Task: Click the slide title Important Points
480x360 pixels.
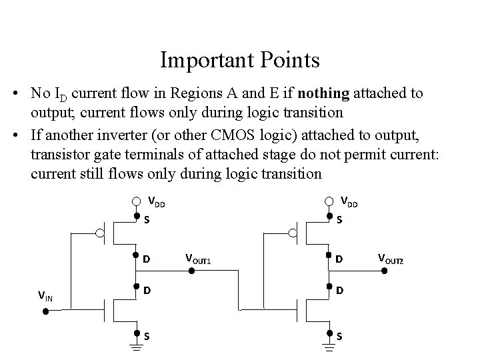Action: [x=240, y=61]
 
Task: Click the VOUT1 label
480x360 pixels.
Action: [x=198, y=258]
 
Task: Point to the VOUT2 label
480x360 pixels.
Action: [x=391, y=258]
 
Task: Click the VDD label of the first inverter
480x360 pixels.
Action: [x=156, y=201]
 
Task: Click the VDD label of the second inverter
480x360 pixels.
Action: [x=349, y=201]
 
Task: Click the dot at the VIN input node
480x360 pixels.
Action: [x=46, y=311]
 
